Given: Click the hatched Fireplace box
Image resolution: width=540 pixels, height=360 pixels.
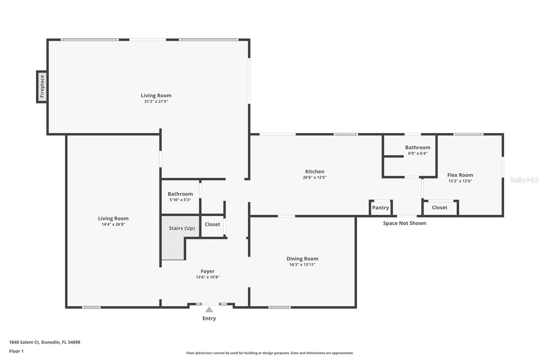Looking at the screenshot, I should [42, 87].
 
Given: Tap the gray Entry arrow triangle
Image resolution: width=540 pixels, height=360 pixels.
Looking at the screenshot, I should [209, 309].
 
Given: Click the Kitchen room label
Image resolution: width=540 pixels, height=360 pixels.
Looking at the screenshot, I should [315, 172].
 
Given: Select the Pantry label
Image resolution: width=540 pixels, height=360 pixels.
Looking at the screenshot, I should [380, 208].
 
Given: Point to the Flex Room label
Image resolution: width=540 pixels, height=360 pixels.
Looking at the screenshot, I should [460, 175].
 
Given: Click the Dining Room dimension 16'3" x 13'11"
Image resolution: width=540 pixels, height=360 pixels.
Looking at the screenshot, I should [302, 264].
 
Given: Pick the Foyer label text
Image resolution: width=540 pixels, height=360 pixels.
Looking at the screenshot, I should [208, 271].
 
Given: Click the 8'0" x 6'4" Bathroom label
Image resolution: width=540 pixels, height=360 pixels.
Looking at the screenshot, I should [417, 148].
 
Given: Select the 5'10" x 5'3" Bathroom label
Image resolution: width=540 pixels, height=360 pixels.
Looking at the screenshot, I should [180, 194].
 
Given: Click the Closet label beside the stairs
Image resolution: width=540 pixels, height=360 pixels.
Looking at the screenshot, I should [212, 224].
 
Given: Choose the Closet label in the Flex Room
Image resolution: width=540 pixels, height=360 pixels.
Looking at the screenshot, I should [439, 208].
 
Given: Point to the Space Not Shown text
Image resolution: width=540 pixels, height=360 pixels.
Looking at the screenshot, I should [404, 223].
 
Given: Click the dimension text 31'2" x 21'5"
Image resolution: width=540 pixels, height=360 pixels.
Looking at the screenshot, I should [156, 101].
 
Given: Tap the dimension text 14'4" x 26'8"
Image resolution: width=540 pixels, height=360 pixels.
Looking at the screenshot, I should [113, 224].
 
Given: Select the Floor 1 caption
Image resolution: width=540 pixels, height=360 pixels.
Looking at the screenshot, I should [16, 351].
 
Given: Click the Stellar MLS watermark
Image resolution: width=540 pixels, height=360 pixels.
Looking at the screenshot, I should [524, 180].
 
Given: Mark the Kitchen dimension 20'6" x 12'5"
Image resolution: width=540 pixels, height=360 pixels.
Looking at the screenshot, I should [315, 177].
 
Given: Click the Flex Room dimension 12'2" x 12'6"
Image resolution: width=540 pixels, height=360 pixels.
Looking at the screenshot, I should [460, 181].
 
